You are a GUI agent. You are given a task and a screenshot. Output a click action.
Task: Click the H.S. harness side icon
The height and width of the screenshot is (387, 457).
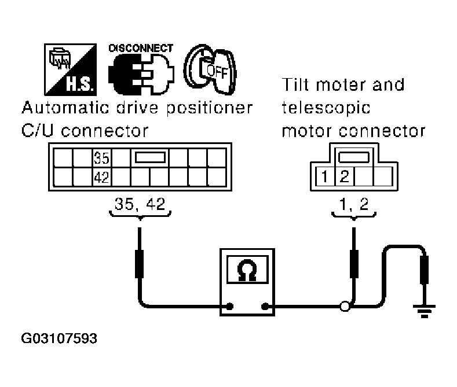pos(70,69)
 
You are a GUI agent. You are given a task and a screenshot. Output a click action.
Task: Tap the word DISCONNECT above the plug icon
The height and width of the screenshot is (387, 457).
pos(141,48)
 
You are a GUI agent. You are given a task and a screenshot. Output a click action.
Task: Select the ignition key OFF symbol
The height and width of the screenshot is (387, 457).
pos(210,69)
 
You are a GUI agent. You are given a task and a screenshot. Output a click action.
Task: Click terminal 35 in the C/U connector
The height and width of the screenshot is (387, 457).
pos(101,158)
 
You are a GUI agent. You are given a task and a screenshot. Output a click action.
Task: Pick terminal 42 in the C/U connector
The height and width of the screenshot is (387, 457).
pos(101,177)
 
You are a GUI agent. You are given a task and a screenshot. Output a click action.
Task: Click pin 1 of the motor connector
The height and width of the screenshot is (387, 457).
pos(324,176)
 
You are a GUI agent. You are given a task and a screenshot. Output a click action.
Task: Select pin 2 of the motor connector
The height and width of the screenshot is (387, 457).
pos(345,176)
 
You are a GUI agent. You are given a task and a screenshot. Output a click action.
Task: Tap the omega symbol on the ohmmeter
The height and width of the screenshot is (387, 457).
pos(247,270)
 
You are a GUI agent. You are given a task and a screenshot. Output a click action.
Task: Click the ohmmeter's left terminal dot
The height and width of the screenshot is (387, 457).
pos(230,306)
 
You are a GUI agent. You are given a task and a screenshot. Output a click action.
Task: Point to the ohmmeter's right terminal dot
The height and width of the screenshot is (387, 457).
pos(265,306)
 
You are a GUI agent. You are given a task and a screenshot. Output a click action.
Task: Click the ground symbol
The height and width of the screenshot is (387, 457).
pos(424,311)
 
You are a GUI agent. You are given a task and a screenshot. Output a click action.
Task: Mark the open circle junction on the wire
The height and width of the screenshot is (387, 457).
pos(345,307)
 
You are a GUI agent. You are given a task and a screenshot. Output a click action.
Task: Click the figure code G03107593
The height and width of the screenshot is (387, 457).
pos(59,338)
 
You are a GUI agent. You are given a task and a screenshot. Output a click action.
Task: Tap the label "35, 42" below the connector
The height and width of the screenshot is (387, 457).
pos(140,204)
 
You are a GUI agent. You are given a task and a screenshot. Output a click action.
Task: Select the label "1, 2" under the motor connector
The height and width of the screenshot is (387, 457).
pos(354,204)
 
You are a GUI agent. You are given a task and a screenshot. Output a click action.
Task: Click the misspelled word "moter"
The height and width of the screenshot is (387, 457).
pos(341,85)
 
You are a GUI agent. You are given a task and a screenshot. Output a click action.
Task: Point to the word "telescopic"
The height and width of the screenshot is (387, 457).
pos(326,108)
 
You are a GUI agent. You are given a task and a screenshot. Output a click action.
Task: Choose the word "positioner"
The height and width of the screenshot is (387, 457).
pos(210,108)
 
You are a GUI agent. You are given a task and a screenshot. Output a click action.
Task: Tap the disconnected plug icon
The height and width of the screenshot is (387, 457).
pos(141,74)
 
